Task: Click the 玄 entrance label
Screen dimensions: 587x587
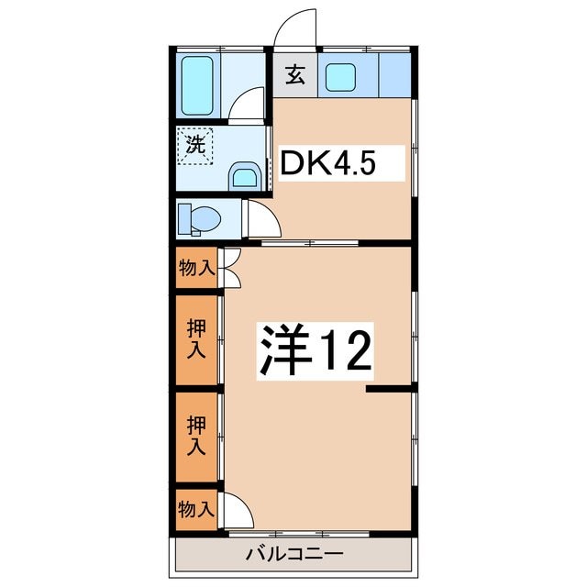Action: click(293, 75)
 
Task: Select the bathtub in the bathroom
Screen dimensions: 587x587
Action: click(197, 85)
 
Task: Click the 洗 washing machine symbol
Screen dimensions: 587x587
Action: click(195, 144)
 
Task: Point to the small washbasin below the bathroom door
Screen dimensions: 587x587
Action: click(243, 174)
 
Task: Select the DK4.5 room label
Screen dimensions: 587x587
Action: click(327, 164)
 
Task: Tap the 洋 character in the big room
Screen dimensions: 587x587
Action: click(282, 349)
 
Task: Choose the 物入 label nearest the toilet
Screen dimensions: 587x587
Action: click(196, 269)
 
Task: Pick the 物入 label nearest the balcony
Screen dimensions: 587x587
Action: click(196, 509)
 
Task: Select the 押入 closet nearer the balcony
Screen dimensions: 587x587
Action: click(196, 435)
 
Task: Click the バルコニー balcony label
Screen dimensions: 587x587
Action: click(293, 554)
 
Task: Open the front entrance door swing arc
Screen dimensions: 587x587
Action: click(295, 25)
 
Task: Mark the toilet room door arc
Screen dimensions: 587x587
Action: click(259, 222)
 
